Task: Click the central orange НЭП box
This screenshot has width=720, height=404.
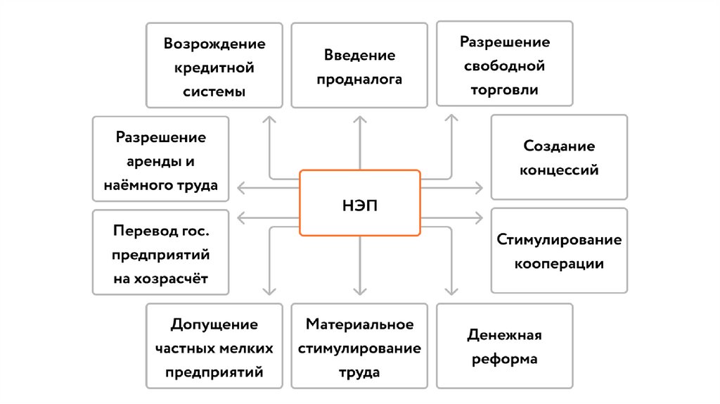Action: click(359, 203)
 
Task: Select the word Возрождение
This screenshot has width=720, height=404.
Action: click(214, 44)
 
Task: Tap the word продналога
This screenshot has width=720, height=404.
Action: click(359, 80)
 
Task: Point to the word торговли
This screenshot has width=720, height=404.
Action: click(505, 90)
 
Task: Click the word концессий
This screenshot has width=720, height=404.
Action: click(559, 170)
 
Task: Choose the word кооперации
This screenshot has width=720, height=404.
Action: click(559, 264)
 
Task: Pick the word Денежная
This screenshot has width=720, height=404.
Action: click(504, 334)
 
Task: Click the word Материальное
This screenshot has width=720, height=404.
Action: click(359, 324)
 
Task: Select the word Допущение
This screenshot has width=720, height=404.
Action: click(214, 324)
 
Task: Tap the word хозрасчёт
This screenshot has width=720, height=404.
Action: click(161, 279)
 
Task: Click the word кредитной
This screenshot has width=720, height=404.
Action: click(214, 68)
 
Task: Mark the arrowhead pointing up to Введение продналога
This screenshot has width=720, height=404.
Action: click(360, 119)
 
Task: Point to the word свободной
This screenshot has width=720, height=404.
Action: click(505, 66)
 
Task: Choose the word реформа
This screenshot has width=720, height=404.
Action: click(504, 359)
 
